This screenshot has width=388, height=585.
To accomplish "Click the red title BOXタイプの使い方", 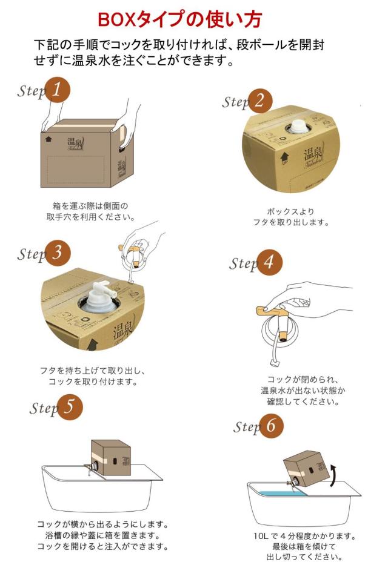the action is coord(179,19).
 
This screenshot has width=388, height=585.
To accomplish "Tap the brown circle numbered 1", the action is coord(58,90).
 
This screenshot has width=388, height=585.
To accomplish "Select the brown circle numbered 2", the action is coord(259,101).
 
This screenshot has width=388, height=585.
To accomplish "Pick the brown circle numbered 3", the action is coord(58,254).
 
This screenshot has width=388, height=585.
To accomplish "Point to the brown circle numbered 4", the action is coord(269,262).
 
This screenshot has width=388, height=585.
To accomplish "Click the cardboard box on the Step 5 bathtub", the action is coord(111,457).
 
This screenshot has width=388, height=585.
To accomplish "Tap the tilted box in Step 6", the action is coord(307,469).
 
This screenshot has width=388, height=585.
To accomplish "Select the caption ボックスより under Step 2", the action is coord(290,211).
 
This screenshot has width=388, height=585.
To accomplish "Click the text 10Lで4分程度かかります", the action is coord(304,536).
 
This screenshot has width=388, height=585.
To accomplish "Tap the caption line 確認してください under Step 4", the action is coord(303,402).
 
